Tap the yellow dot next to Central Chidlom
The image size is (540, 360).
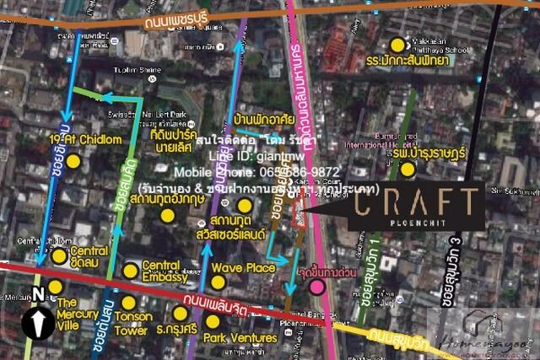[59, 255]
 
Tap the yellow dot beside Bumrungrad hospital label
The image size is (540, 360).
[408, 169]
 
